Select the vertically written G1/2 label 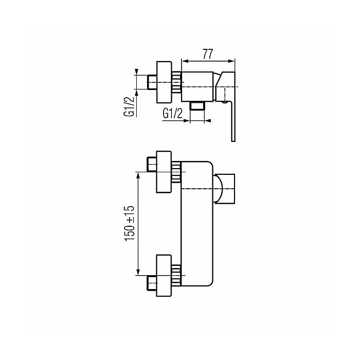pos(132,106)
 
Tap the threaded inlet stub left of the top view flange pos(151,82)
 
